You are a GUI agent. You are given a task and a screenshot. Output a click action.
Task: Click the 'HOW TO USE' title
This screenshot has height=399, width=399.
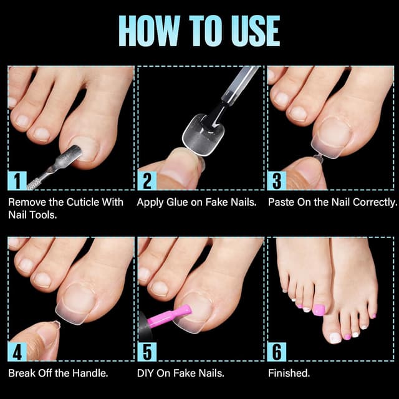pos(199,31)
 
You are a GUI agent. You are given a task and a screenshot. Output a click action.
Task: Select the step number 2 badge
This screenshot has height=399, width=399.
pos(147,180)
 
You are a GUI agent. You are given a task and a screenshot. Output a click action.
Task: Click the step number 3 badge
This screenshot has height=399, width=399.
pos(276,180)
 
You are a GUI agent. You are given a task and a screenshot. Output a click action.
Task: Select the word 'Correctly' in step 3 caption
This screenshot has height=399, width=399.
pos(373,203)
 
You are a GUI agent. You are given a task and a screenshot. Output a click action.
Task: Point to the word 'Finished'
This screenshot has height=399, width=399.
pos(289,373)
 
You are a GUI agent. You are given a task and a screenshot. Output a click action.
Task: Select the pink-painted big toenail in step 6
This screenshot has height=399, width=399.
pos(319,310)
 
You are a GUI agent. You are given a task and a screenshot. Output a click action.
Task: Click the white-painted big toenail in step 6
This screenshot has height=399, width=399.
pos(335,337)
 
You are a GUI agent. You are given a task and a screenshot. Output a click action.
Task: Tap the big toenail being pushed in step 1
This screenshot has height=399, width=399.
pos(87,148)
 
